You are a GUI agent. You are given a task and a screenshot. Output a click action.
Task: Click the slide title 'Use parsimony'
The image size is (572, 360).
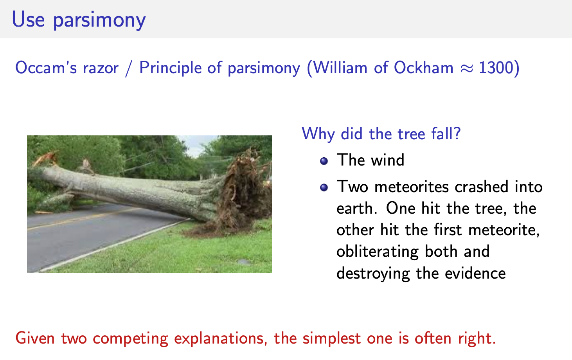(x=79, y=20)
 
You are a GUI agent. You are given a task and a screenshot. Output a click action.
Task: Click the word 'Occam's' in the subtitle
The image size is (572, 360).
(x=46, y=68)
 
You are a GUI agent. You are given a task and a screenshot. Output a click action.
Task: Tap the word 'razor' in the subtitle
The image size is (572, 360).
(x=101, y=68)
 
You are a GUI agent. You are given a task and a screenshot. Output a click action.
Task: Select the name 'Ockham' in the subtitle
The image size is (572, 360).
(x=423, y=68)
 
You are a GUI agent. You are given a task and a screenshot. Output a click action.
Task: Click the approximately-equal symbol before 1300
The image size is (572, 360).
(x=466, y=69)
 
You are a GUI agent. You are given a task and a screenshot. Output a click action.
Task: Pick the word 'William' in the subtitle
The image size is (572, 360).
(x=340, y=68)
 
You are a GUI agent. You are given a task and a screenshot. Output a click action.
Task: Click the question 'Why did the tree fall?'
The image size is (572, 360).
(x=381, y=133)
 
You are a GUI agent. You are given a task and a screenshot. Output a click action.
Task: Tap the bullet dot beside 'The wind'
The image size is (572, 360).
(x=324, y=161)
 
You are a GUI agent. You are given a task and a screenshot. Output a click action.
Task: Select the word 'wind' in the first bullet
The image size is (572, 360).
(x=387, y=160)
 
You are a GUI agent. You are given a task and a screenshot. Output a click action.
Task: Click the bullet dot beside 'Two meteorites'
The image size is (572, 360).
(x=324, y=187)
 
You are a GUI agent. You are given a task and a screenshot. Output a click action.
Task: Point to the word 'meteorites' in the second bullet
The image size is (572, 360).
(x=412, y=187)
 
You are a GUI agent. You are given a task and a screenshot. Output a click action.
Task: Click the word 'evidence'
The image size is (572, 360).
(x=475, y=274)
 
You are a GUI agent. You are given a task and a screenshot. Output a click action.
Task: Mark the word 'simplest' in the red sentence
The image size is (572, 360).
(x=332, y=339)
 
